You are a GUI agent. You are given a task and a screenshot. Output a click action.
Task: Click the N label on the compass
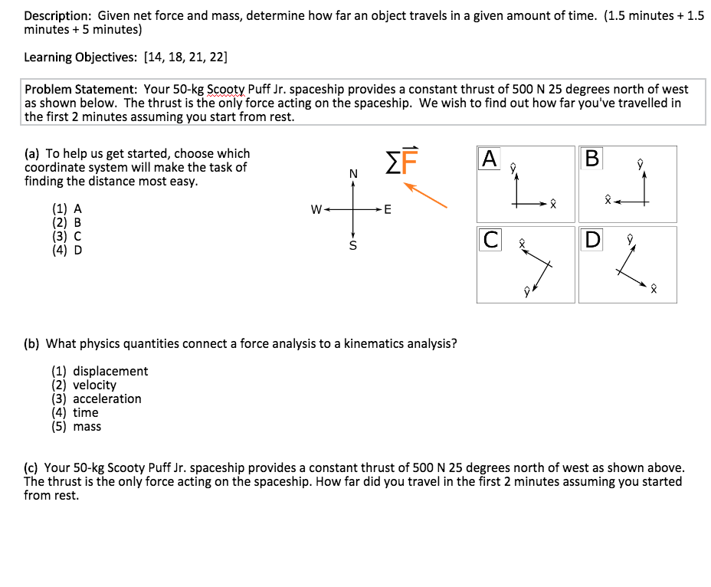coord(352,174)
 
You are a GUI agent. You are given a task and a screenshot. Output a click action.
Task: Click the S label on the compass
coord(352,246)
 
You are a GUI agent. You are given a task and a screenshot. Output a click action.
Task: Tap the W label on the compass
coord(315,209)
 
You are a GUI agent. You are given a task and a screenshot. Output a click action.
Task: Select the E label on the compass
coord(388,209)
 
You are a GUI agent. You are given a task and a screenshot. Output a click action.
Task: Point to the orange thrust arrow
coord(425,195)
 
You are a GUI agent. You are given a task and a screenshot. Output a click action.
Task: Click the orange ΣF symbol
coord(401,161)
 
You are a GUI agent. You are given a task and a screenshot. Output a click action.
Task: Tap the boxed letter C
coord(490,240)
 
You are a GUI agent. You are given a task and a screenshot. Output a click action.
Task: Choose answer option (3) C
coord(67,236)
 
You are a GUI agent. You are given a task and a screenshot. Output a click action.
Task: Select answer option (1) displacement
coord(100,371)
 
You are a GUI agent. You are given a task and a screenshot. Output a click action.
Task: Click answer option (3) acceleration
coord(97,398)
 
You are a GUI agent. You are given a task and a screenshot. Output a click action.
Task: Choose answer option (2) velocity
coord(84,385)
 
